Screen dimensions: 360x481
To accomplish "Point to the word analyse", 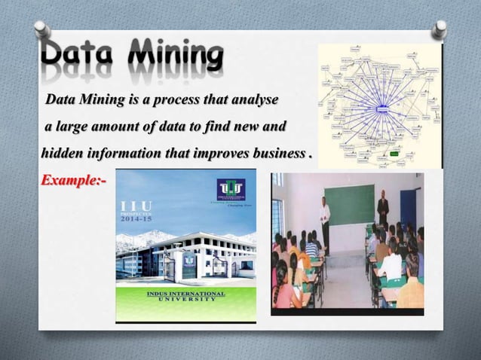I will (254, 99).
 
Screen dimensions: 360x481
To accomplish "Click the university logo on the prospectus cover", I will (231, 190).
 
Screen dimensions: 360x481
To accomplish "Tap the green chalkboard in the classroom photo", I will (349, 203).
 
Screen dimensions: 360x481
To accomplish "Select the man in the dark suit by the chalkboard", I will (384, 212).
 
